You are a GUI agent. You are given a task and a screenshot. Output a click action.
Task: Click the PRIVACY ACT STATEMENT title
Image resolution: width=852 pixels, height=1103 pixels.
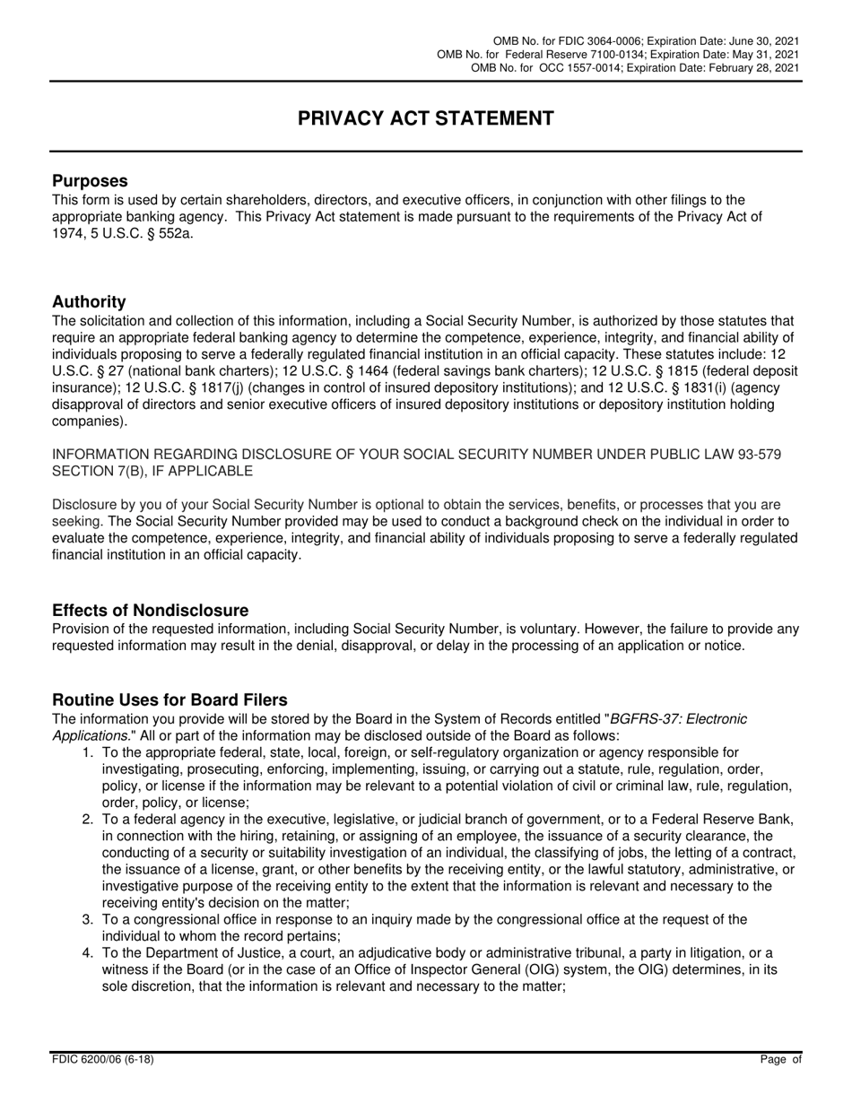point(426,118)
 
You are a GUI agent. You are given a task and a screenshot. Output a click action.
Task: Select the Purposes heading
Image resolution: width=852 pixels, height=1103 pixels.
point(90,180)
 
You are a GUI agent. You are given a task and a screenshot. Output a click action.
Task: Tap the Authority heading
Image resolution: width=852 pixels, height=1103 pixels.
point(89,301)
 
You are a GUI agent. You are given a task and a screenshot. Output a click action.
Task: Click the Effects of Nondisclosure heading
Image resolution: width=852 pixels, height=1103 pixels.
point(150,610)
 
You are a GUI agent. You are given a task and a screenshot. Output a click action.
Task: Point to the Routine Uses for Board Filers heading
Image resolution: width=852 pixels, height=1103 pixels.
point(170,699)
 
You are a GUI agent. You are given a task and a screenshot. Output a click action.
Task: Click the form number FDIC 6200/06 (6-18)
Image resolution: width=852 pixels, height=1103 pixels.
point(102,1059)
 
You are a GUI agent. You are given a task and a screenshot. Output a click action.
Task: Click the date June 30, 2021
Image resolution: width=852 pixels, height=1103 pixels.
point(763,42)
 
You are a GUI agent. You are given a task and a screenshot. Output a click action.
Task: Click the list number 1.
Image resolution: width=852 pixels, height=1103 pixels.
point(88,752)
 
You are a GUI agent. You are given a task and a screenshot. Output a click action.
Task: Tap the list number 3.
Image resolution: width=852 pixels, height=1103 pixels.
point(88,919)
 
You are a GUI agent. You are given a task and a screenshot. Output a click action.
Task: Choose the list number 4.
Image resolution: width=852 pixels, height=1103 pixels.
point(88,952)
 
